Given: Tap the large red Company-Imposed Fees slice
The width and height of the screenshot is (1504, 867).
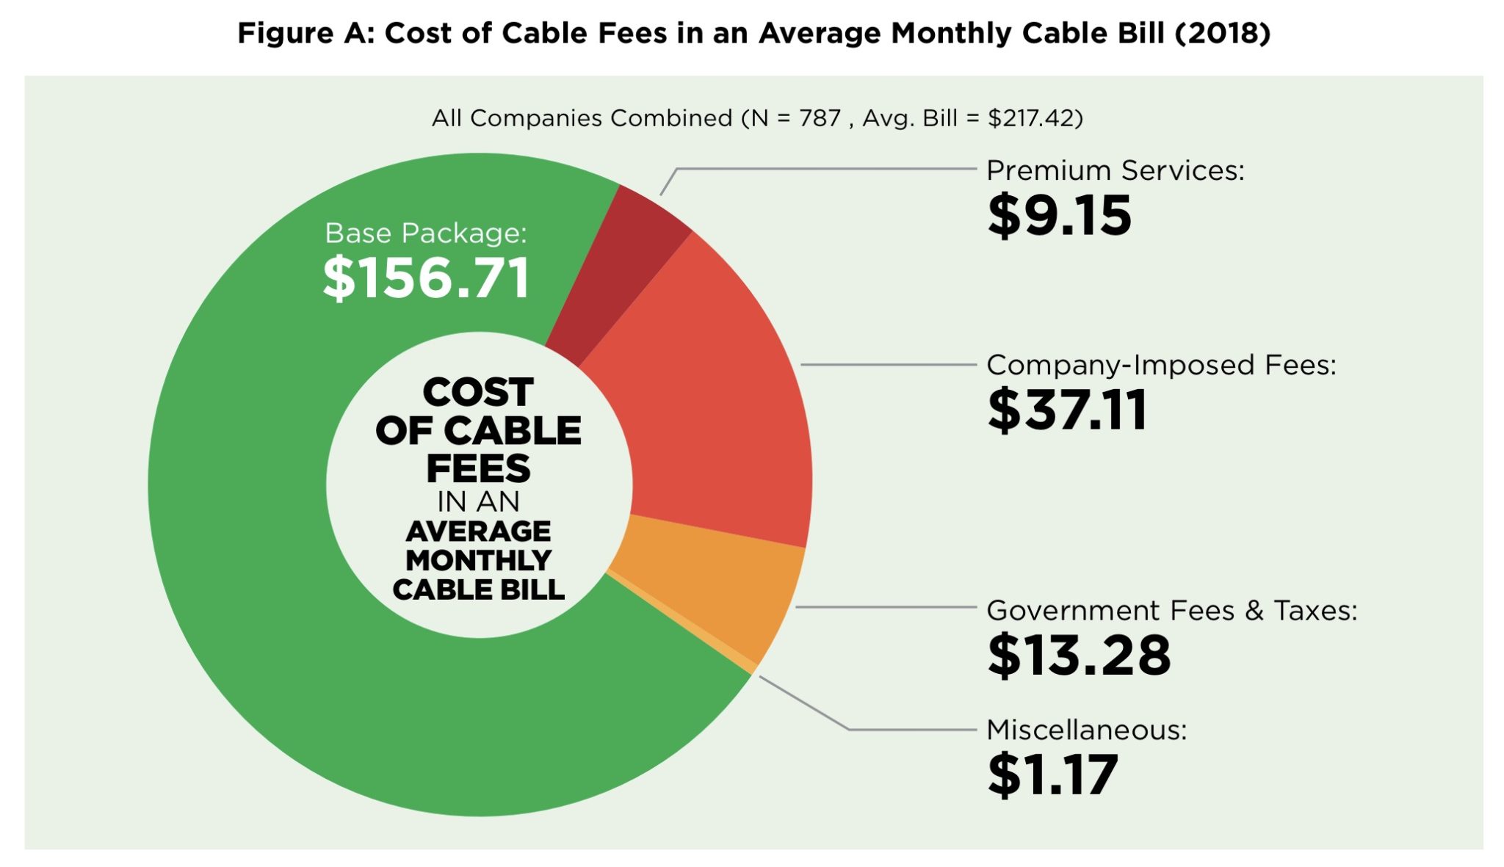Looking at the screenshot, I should [705, 411].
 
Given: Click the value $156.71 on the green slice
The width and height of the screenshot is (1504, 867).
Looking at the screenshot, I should [426, 278].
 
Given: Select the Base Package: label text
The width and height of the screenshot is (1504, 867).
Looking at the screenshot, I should [426, 233].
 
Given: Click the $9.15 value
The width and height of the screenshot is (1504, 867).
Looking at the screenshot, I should [1059, 216].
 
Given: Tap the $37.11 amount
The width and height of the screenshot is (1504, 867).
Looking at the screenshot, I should [1066, 410].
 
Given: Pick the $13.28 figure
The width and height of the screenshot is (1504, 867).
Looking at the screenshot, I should [1078, 655].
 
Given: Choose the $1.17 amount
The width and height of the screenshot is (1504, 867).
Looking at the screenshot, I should [1052, 775].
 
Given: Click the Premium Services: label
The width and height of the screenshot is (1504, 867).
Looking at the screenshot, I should [1115, 170].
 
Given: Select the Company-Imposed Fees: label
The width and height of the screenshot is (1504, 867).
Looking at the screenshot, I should [1160, 365].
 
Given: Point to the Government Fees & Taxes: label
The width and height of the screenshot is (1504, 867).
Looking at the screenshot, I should [1171, 611].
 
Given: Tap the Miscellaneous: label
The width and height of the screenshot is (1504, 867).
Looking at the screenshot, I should [1086, 730].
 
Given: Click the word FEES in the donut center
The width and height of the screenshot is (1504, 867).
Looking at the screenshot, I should [478, 468].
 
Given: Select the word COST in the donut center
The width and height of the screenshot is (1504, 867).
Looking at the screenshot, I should [478, 392].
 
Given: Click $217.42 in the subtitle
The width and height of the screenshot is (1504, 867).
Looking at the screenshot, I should [1035, 118].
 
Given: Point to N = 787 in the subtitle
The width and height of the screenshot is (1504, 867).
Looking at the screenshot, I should [791, 118].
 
